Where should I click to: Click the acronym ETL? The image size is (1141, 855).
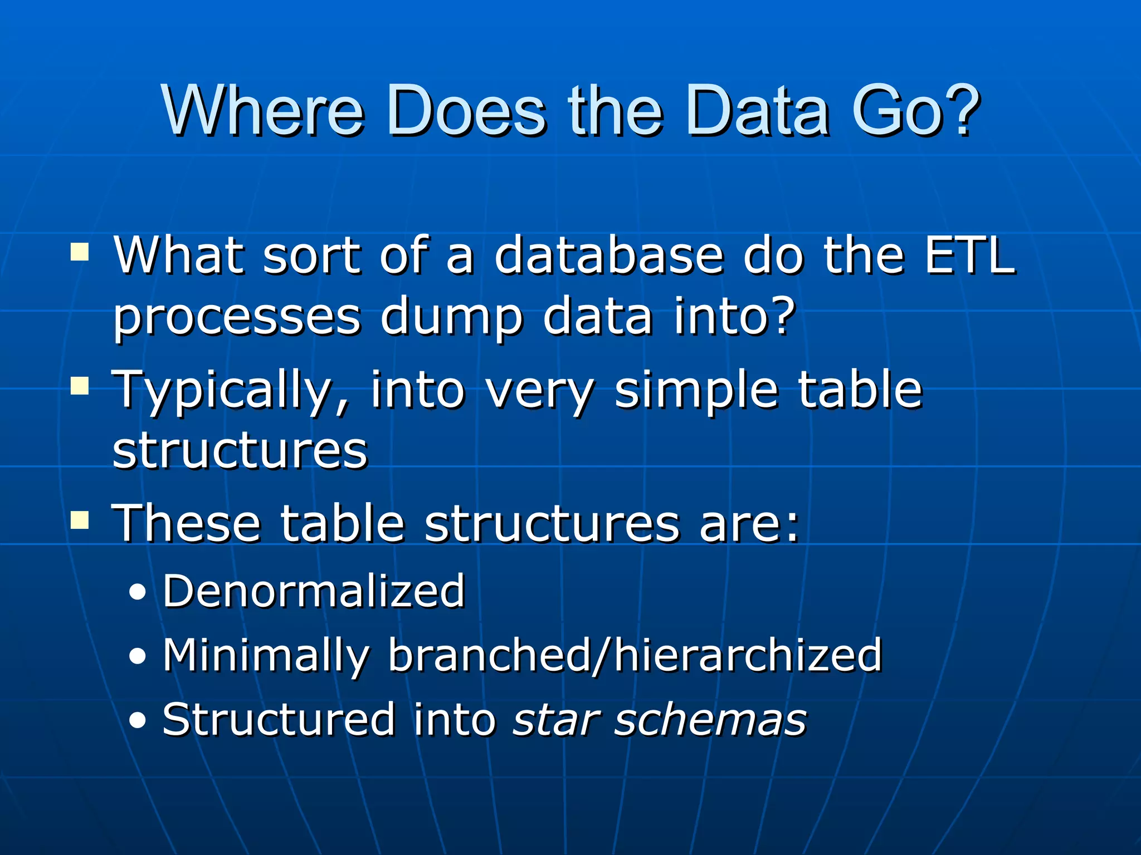point(971,256)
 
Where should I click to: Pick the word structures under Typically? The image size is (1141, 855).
point(240,451)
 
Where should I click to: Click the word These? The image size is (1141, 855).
point(187,523)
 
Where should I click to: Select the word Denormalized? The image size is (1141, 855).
point(314,591)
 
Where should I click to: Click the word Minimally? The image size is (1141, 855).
point(266,656)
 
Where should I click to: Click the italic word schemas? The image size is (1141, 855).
point(710,720)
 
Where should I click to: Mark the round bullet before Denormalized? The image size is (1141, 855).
point(137,593)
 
